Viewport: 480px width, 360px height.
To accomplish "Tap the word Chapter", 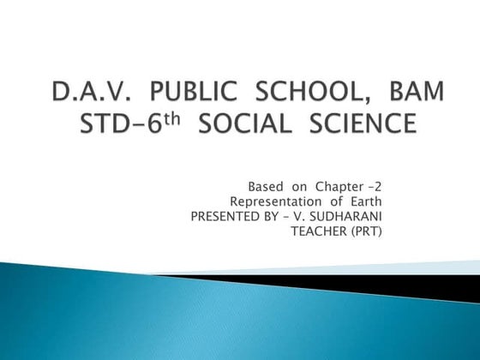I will point(341,186).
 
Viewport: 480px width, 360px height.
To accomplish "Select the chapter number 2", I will point(380,186).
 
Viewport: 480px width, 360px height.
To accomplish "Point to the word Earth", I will point(362,201).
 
